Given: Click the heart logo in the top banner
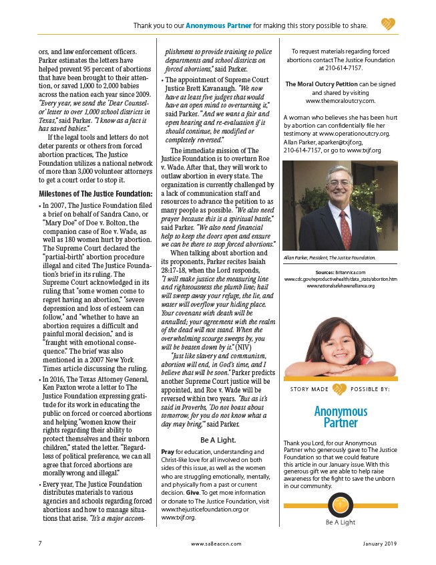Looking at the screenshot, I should (x=389, y=25).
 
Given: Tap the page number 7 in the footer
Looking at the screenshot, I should (x=41, y=544).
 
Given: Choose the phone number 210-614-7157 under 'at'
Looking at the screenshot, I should (x=340, y=68).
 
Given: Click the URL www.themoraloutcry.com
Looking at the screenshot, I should (x=341, y=101).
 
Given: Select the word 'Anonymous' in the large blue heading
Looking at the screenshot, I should (x=341, y=411).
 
